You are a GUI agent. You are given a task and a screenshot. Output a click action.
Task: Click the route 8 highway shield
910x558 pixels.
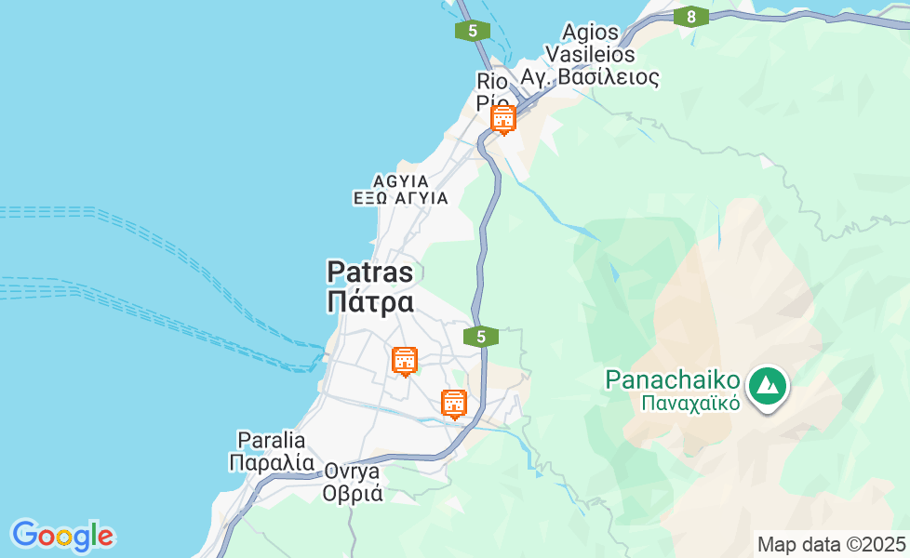tap(690, 17)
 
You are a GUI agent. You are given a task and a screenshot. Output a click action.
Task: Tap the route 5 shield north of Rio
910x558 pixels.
tap(473, 31)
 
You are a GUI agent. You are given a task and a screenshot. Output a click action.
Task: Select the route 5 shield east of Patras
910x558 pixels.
tap(481, 337)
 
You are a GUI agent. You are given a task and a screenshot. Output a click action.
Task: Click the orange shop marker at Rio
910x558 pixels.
tap(503, 119)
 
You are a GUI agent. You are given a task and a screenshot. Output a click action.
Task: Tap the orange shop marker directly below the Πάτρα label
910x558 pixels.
tap(405, 361)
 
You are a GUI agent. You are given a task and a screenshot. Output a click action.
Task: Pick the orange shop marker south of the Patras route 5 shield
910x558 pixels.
tap(454, 404)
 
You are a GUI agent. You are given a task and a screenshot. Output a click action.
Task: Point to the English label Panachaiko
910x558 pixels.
tap(673, 379)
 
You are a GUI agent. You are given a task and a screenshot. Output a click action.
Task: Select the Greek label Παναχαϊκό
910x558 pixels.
tap(689, 404)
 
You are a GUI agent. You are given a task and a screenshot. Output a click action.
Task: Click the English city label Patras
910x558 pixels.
tap(369, 272)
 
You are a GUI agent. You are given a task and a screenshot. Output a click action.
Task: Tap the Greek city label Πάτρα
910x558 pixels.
tap(369, 302)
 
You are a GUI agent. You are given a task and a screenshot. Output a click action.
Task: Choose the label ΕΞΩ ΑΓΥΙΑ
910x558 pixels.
tap(400, 198)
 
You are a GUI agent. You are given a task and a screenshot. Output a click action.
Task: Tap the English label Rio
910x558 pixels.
tap(492, 81)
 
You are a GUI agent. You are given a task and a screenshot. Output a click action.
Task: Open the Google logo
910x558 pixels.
tap(62, 536)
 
